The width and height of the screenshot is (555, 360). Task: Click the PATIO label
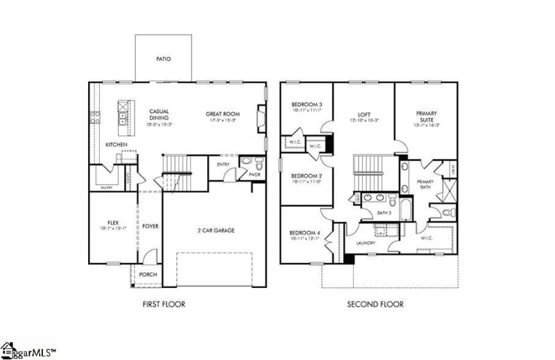coord(163,59)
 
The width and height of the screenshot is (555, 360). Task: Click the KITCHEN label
coord(116,144)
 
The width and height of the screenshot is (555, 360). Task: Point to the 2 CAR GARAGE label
coord(214,230)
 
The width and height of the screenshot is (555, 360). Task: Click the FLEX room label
coord(113,223)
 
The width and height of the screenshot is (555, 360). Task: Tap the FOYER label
coord(151,226)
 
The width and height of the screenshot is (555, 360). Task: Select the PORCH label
coord(148,275)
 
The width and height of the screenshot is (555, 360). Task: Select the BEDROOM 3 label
coord(306,104)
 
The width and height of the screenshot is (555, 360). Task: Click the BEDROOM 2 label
coord(306,175)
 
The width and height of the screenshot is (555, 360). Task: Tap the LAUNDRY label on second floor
coord(366,243)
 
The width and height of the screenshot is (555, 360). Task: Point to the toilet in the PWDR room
coord(257,165)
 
